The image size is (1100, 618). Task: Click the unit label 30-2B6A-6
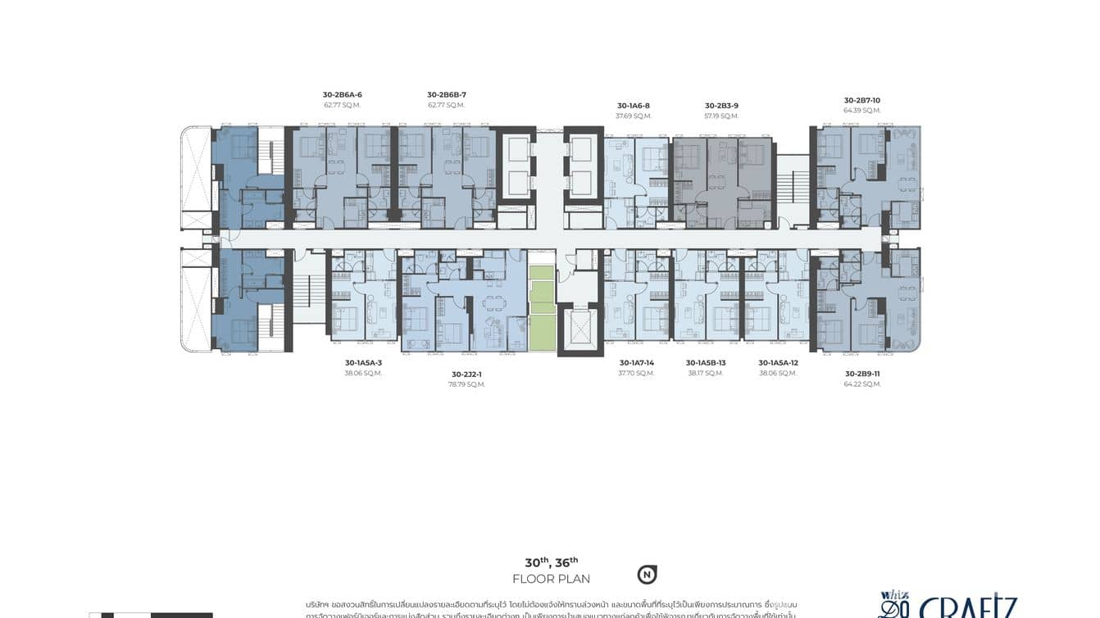(342, 95)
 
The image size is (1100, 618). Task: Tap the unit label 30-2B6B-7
(446, 95)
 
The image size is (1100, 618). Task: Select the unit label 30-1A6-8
(633, 106)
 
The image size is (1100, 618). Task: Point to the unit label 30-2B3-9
(721, 106)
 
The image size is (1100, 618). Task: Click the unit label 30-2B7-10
(861, 100)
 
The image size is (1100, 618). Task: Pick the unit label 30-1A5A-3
(363, 362)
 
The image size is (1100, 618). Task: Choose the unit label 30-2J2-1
(467, 374)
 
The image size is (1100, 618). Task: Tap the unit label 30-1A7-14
(636, 362)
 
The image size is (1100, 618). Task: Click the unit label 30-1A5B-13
(706, 362)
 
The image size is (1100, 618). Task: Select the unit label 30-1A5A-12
(778, 362)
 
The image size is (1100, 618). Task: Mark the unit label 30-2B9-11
(862, 373)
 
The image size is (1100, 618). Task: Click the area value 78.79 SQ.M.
(467, 384)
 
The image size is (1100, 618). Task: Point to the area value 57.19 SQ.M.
(721, 116)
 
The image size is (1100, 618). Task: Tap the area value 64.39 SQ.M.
(861, 111)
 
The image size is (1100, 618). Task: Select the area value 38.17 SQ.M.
(706, 373)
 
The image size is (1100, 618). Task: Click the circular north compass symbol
(647, 575)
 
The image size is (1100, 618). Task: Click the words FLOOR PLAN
(551, 579)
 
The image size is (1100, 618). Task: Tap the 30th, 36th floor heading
(551, 562)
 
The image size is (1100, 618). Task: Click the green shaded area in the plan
(541, 307)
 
